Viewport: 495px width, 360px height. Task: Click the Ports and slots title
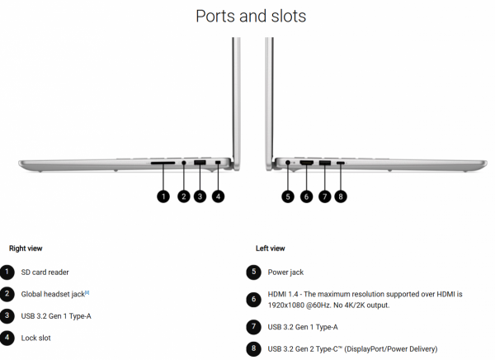(251, 16)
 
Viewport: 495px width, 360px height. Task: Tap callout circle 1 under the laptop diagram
(163, 197)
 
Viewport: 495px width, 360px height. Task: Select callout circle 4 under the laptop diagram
(218, 197)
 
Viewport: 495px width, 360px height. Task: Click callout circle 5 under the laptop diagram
(288, 197)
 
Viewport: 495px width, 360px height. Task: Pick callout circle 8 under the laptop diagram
(340, 197)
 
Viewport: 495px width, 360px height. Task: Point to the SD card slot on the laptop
(163, 163)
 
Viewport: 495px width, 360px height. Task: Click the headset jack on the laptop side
(184, 163)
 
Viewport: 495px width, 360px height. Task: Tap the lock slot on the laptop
(218, 163)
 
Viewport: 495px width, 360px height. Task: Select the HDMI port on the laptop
(306, 163)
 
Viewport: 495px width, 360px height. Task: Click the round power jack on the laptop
(288, 163)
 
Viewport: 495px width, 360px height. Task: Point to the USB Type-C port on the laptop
(340, 163)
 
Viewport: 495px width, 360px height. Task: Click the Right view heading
(26, 249)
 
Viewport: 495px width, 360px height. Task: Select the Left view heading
(271, 249)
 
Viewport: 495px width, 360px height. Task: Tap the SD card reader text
(45, 272)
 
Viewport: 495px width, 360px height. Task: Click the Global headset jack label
(53, 294)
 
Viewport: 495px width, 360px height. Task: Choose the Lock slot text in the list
(35, 338)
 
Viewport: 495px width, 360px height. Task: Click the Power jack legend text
(285, 272)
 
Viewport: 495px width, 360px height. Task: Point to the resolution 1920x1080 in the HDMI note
(286, 306)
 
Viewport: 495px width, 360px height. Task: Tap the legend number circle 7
(253, 326)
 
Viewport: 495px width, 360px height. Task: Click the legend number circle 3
(7, 315)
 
